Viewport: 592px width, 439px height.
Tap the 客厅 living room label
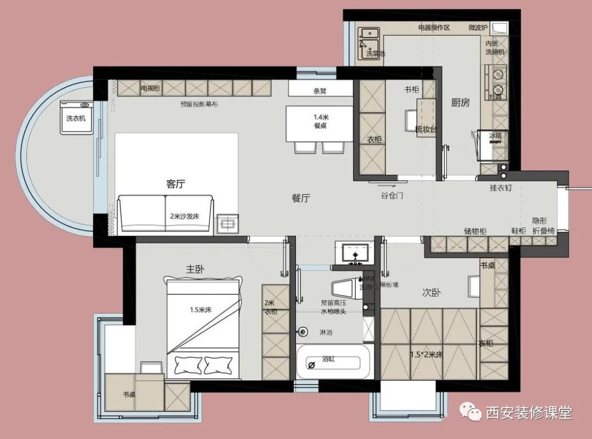[x=175, y=184]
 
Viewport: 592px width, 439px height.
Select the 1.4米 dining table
[x=319, y=123]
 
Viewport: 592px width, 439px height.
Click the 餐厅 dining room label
[x=301, y=198]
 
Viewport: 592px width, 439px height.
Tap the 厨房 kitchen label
[x=460, y=102]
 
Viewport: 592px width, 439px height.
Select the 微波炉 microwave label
[x=477, y=27]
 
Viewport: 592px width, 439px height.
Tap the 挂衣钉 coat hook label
[x=500, y=188]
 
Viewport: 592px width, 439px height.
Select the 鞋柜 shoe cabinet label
[x=519, y=231]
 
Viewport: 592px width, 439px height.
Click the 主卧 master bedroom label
[x=196, y=269]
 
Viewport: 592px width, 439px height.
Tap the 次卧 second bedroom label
[x=431, y=293]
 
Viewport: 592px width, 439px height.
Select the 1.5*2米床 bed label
[x=426, y=354]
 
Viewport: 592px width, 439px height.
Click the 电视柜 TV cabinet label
[x=150, y=88]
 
